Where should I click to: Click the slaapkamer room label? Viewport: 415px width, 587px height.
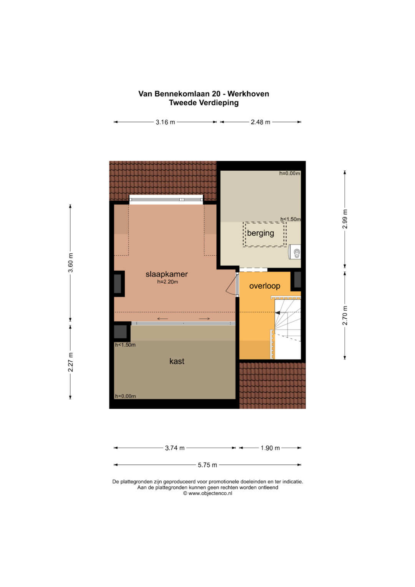pyautogui.click(x=167, y=274)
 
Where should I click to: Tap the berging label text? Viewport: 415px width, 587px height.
pyautogui.click(x=261, y=233)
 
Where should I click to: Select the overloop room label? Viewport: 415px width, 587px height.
pyautogui.click(x=265, y=286)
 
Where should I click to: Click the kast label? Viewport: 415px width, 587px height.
pyautogui.click(x=177, y=361)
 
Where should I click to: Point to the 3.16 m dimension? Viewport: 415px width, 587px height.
pyautogui.click(x=165, y=122)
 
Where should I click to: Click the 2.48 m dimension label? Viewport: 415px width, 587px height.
pyautogui.click(x=261, y=122)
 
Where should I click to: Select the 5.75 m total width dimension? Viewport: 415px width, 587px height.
pyautogui.click(x=207, y=465)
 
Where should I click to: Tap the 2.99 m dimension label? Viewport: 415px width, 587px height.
pyautogui.click(x=345, y=219)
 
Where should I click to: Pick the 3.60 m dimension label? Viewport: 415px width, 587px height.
pyautogui.click(x=70, y=263)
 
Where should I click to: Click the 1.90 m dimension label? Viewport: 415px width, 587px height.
pyautogui.click(x=270, y=448)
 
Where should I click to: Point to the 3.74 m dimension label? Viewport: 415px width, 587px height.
pyautogui.click(x=175, y=448)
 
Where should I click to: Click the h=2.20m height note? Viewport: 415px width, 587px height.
pyautogui.click(x=168, y=282)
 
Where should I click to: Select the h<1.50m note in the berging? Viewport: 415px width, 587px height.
pyautogui.click(x=290, y=219)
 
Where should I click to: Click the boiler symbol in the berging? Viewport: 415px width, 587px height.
pyautogui.click(x=295, y=252)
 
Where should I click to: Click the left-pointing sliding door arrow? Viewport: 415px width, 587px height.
pyautogui.click(x=163, y=319)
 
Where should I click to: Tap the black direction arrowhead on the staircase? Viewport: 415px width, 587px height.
pyautogui.click(x=277, y=313)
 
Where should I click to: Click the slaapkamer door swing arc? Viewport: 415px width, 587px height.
pyautogui.click(x=230, y=284)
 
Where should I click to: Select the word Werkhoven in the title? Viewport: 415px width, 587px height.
pyautogui.click(x=248, y=94)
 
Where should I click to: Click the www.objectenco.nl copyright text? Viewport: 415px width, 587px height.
pyautogui.click(x=207, y=493)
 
